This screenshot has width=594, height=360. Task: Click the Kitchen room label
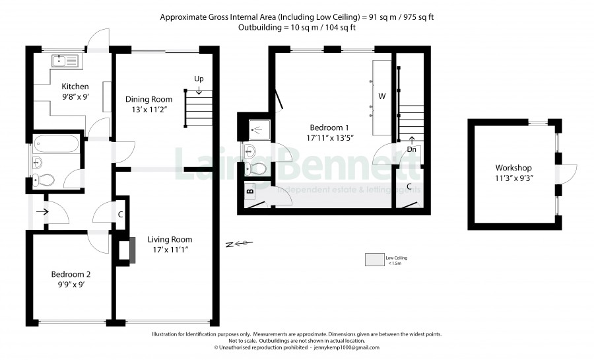(x=75, y=87)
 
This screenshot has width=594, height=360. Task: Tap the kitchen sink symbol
(x=65, y=61)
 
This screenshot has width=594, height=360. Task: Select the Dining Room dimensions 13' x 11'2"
(x=149, y=110)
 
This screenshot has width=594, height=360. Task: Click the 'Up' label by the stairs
(x=199, y=79)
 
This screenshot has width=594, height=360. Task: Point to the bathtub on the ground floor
(x=55, y=144)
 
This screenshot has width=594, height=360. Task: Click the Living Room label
(x=170, y=240)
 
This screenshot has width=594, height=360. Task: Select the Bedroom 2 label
(x=71, y=274)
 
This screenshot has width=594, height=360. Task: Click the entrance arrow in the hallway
(x=42, y=212)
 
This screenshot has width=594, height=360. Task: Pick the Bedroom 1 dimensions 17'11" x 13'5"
(x=330, y=138)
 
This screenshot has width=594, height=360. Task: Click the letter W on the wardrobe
(x=382, y=96)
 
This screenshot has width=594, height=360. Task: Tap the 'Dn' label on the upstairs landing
(x=411, y=150)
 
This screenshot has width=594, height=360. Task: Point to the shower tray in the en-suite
(x=260, y=130)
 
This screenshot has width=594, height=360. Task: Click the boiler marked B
(x=250, y=192)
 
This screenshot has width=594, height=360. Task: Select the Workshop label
(x=513, y=168)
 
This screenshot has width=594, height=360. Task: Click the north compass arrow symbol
(x=239, y=244)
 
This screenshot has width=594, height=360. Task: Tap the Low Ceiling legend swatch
(x=374, y=260)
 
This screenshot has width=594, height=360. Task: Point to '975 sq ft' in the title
(x=418, y=17)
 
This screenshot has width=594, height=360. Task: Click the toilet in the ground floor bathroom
(x=44, y=180)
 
